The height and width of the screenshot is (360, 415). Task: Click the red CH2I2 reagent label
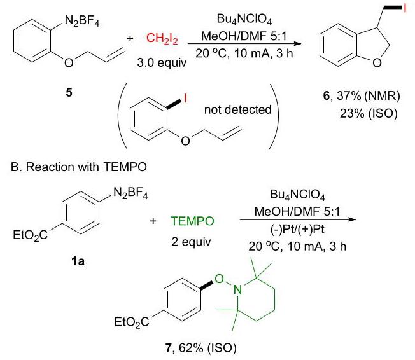pyautogui.click(x=162, y=38)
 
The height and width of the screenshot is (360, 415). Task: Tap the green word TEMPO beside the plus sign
pyautogui.click(x=192, y=221)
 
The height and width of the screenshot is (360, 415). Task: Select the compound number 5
pyautogui.click(x=69, y=92)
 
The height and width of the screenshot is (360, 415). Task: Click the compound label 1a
pyautogui.click(x=78, y=261)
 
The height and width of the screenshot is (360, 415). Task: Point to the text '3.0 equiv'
pyautogui.click(x=162, y=63)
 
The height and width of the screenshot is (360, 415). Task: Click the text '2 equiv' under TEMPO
pyautogui.click(x=191, y=242)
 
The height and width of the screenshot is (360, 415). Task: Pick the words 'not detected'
pyautogui.click(x=238, y=109)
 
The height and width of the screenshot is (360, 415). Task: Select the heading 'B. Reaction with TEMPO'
pyautogui.click(x=79, y=167)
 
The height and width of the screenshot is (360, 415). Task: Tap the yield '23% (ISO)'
pyautogui.click(x=369, y=113)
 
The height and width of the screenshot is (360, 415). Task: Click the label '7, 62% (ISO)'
pyautogui.click(x=200, y=348)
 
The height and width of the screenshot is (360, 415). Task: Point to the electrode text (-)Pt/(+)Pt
pyautogui.click(x=297, y=229)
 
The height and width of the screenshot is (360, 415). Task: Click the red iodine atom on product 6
pyautogui.click(x=404, y=8)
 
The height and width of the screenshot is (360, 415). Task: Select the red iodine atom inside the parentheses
pyautogui.click(x=185, y=99)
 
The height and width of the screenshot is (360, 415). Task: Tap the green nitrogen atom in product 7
pyautogui.click(x=237, y=290)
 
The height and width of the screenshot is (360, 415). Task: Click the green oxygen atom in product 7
pyautogui.click(x=220, y=279)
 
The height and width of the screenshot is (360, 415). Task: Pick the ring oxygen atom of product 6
pyautogui.click(x=377, y=63)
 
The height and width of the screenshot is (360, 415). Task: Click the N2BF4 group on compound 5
pyautogui.click(x=81, y=21)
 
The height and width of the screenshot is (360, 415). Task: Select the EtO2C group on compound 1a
pyautogui.click(x=30, y=235)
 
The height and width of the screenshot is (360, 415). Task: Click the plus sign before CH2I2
pyautogui.click(x=130, y=39)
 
